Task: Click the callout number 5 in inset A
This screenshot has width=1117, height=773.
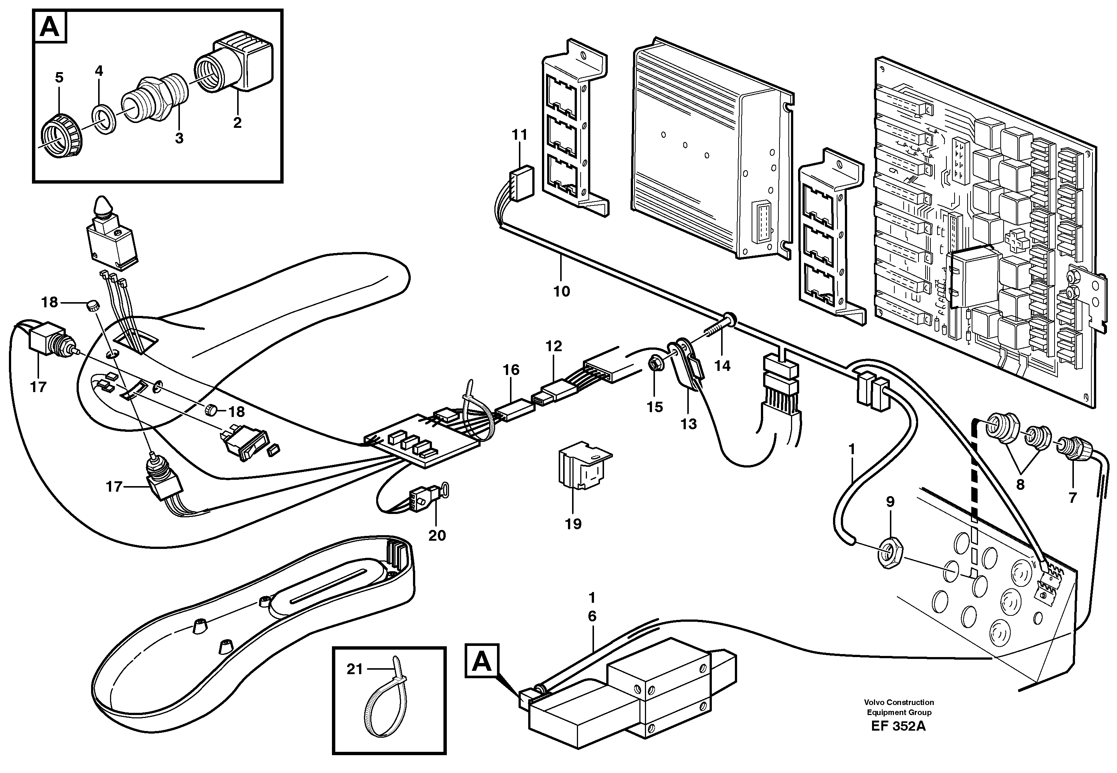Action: pos(59,78)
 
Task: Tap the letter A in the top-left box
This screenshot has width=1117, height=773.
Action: pos(50,27)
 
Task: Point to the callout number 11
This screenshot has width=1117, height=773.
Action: pos(520,134)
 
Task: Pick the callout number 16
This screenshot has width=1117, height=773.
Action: pos(511,370)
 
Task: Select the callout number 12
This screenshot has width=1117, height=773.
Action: pos(553,346)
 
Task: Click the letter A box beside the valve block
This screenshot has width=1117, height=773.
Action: pos(481,661)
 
